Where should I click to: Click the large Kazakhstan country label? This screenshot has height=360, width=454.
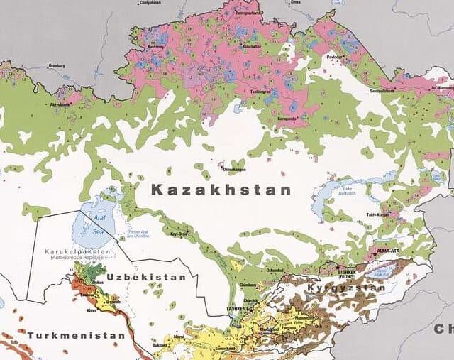click(x=221, y=190)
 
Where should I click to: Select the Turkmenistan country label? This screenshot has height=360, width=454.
click(x=77, y=334)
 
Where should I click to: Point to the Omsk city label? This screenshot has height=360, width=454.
click(x=297, y=2)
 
